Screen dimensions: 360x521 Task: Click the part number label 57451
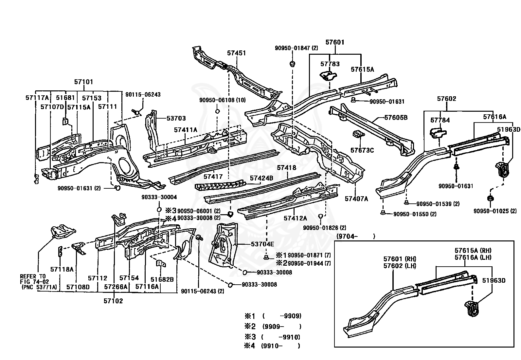click(236, 53)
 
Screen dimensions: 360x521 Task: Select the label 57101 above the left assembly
click(84, 82)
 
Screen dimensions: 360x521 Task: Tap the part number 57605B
click(396, 117)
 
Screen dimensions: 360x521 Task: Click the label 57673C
click(362, 150)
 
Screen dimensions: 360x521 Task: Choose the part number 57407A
click(356, 199)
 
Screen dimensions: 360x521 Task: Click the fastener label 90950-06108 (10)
click(223, 100)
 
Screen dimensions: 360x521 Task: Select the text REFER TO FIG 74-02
click(33, 279)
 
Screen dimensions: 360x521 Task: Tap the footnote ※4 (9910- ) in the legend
click(272, 346)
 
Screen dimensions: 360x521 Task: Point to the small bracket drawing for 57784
click(438, 132)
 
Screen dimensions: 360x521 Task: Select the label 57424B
click(261, 178)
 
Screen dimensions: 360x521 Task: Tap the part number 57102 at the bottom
click(113, 301)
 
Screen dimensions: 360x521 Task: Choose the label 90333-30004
click(159, 197)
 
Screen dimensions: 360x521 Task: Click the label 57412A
click(295, 218)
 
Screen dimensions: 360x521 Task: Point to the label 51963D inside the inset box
click(494, 280)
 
